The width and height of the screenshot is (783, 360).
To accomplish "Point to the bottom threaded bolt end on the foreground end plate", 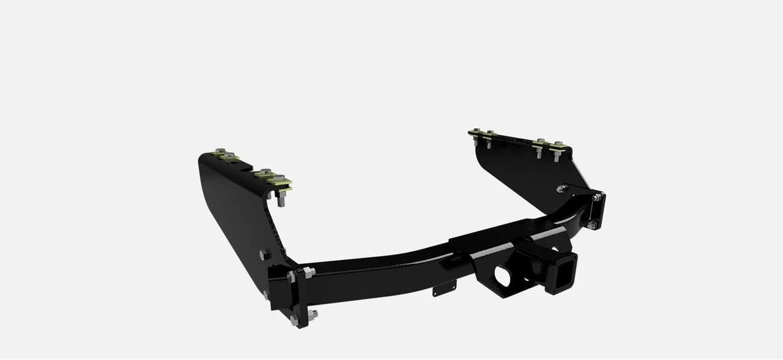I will pyautogui.click(x=313, y=314).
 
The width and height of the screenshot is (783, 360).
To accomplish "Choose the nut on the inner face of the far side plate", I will pyautogui.click(x=561, y=188).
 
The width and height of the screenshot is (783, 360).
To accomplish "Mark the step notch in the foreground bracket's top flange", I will pyautogui.click(x=247, y=166).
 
